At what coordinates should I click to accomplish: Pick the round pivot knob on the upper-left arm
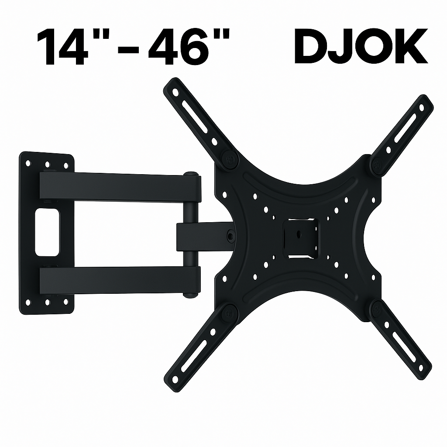coord(230,158)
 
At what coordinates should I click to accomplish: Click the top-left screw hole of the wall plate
coord(28,163)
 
